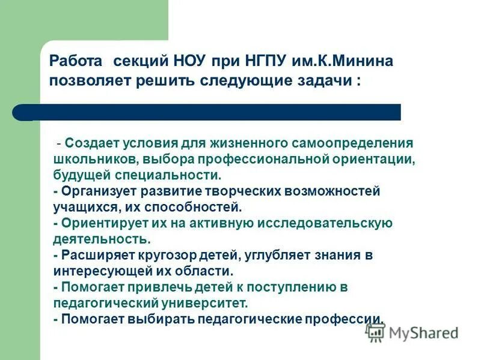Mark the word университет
[207, 302]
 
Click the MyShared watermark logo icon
[376, 332]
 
